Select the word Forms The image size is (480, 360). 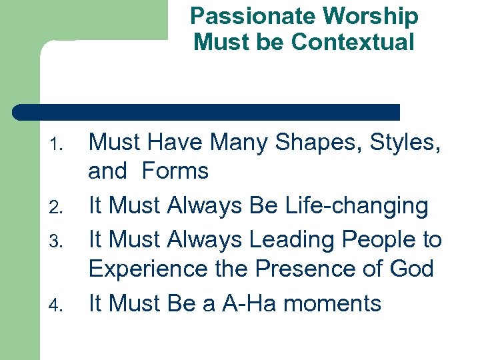point(175,171)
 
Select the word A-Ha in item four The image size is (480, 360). point(240,303)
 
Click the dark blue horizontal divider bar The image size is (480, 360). point(207,112)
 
